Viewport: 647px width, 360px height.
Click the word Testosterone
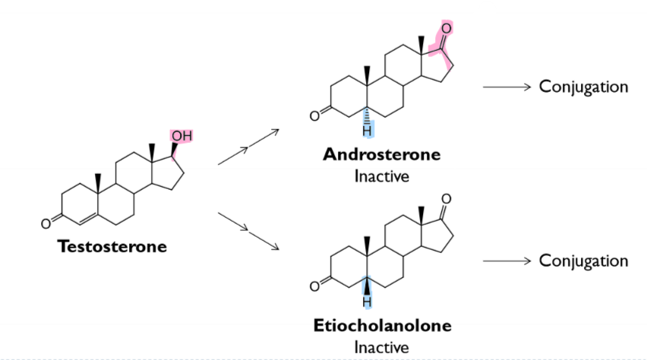click(x=112, y=247)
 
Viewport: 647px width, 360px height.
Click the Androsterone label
click(x=381, y=155)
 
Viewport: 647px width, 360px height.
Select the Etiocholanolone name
click(x=382, y=326)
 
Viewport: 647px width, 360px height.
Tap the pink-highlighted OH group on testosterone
click(x=181, y=136)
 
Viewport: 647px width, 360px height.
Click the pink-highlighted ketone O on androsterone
click(x=446, y=28)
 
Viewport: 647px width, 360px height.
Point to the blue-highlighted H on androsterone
click(x=367, y=131)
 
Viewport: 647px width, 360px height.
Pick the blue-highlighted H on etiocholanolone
click(x=367, y=302)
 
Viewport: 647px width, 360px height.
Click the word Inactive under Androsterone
click(x=381, y=177)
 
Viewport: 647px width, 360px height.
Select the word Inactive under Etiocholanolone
click(x=381, y=347)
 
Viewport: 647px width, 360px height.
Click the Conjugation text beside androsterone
click(x=583, y=87)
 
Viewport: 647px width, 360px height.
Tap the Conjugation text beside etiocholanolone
click(x=583, y=261)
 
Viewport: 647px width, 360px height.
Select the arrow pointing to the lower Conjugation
click(x=505, y=261)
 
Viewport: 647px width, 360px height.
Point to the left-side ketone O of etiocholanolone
click(x=314, y=288)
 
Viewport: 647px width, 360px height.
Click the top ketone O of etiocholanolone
click(x=446, y=199)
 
